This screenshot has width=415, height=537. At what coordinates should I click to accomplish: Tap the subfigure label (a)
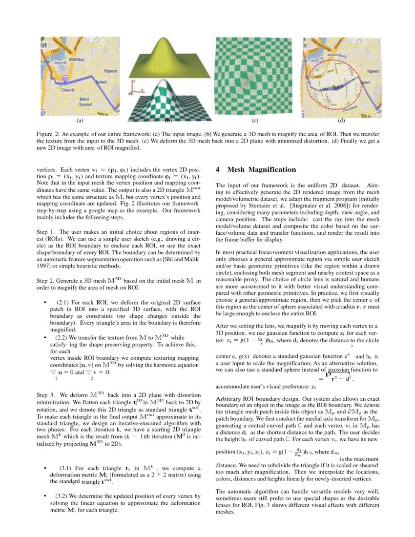[x=80, y=120]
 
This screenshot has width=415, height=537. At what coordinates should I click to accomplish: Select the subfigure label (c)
[x=254, y=120]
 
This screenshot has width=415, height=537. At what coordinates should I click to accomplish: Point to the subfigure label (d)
[x=341, y=120]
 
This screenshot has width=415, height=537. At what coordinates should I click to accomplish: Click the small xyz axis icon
[x=136, y=88]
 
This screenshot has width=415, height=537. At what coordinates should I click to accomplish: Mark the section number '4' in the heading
[x=218, y=169]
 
